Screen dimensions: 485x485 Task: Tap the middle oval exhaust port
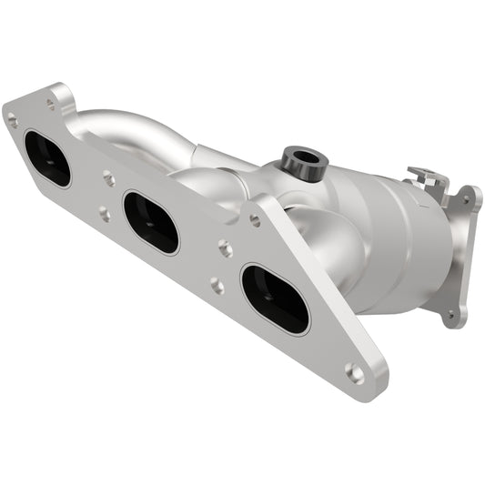tap(150, 221)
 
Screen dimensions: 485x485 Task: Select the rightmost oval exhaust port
tap(275, 298)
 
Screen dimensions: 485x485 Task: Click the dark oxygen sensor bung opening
tap(306, 157)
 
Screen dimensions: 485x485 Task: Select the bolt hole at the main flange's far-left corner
tap(12, 117)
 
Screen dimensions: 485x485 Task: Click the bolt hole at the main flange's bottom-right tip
tap(356, 372)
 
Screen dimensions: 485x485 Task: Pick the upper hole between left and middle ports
tap(108, 178)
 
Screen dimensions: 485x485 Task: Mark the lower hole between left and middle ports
tap(104, 215)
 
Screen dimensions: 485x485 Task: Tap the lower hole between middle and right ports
tap(217, 286)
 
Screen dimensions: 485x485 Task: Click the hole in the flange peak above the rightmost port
tap(255, 220)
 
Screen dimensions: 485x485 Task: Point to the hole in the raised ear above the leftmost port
tap(50, 105)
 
